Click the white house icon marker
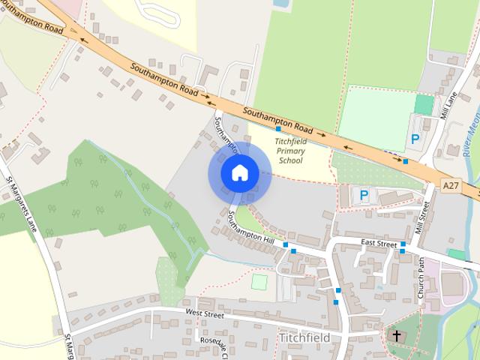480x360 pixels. [x=239, y=172]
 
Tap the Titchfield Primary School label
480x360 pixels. [x=290, y=150]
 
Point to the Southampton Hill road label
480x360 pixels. [x=251, y=227]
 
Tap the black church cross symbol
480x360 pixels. [x=395, y=335]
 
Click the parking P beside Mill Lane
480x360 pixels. [x=414, y=139]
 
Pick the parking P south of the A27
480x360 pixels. [x=364, y=196]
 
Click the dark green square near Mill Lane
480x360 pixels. [x=424, y=104]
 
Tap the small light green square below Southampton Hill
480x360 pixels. [x=259, y=282]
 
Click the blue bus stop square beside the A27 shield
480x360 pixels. [x=406, y=161]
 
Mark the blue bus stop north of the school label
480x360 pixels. [x=278, y=129]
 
